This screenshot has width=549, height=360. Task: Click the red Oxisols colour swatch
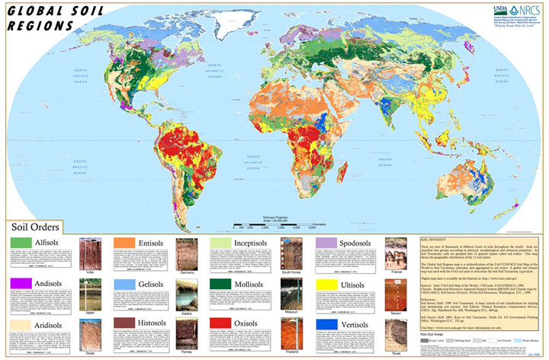[x=222, y=324]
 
